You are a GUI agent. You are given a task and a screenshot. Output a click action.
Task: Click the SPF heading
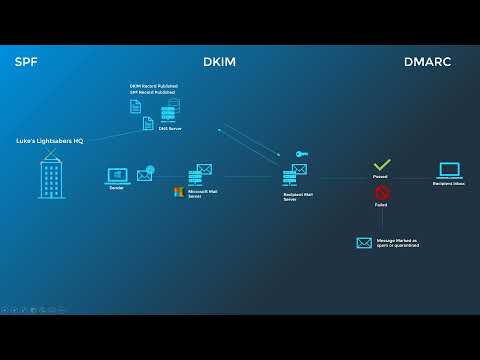point(26,62)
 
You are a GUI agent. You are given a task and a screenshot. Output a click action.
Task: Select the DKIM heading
point(220,62)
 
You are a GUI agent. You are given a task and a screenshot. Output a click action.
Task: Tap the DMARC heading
point(427,62)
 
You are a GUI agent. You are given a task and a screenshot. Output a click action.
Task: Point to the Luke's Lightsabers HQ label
point(50,141)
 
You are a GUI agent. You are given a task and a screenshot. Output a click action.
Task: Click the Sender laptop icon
point(116,176)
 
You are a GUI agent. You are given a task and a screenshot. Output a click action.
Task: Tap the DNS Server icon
point(168,113)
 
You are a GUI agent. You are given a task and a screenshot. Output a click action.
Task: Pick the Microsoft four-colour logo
point(178,192)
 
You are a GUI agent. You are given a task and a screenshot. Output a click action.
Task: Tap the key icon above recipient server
point(300,153)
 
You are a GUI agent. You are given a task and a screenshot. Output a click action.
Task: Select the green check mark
point(381,164)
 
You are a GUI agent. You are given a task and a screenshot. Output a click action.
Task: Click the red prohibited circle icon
point(381,192)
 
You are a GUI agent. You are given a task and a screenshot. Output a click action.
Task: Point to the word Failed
point(381,205)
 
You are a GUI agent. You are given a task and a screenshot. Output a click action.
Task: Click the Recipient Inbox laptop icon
point(449,171)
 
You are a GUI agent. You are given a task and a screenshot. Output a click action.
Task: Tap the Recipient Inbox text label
point(449,184)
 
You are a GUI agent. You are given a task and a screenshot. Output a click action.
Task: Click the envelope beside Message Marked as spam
point(364,242)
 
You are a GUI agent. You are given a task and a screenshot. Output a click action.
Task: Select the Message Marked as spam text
point(397,243)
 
